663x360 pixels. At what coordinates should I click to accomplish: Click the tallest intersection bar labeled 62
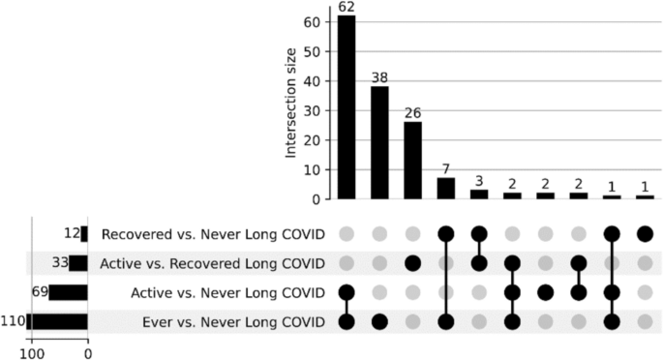pyautogui.click(x=347, y=107)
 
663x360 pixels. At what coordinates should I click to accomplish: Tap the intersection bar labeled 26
pyautogui.click(x=413, y=161)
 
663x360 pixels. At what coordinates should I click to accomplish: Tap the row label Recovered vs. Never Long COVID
pyautogui.click(x=213, y=234)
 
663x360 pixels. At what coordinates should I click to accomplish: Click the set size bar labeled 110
pyautogui.click(x=58, y=321)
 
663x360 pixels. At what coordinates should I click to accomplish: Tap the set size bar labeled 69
pyautogui.click(x=69, y=292)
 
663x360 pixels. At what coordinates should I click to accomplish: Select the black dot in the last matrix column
pyautogui.click(x=645, y=234)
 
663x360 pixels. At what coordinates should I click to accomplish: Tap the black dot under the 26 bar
pyautogui.click(x=413, y=263)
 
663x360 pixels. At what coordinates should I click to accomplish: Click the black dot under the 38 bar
pyautogui.click(x=379, y=321)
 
